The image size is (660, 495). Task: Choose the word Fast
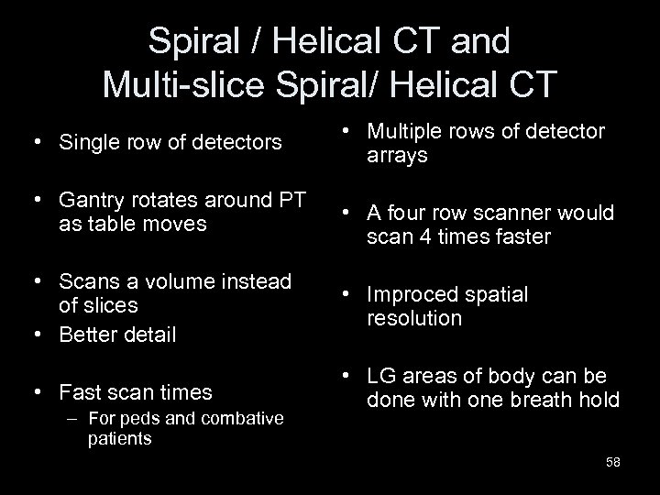(80, 392)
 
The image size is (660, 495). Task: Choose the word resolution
(414, 319)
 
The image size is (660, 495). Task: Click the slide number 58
(612, 462)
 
